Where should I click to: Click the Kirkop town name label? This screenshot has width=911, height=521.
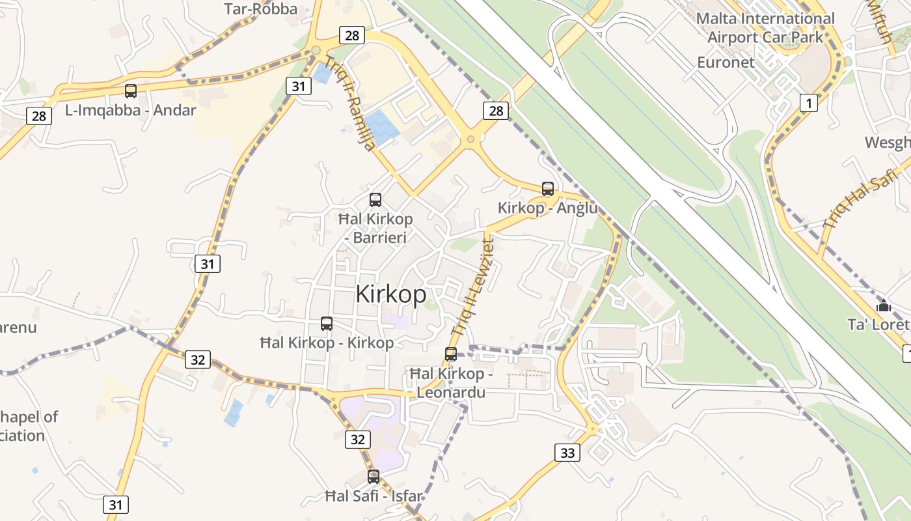[391, 294]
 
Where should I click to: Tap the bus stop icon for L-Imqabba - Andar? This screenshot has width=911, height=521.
[131, 91]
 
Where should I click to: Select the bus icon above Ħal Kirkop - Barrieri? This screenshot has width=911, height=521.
[375, 200]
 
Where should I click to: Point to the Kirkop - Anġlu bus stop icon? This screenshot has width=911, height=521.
[548, 189]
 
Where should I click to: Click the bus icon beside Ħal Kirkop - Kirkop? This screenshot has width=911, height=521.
[327, 323]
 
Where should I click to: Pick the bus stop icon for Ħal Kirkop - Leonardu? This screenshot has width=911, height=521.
[451, 354]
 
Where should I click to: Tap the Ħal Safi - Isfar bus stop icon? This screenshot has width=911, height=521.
[374, 477]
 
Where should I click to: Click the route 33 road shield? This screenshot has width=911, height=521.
[567, 453]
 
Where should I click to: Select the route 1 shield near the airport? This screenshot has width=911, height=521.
[808, 103]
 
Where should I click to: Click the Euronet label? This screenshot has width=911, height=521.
[726, 63]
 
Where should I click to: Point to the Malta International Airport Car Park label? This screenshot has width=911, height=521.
[765, 28]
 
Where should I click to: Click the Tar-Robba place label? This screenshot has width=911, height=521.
[260, 8]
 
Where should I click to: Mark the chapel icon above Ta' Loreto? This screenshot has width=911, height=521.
[883, 305]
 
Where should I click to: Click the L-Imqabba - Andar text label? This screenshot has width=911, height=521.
[130, 110]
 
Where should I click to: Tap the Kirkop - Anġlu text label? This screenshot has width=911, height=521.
[547, 208]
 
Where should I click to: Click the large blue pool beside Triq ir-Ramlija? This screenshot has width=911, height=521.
[381, 126]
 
